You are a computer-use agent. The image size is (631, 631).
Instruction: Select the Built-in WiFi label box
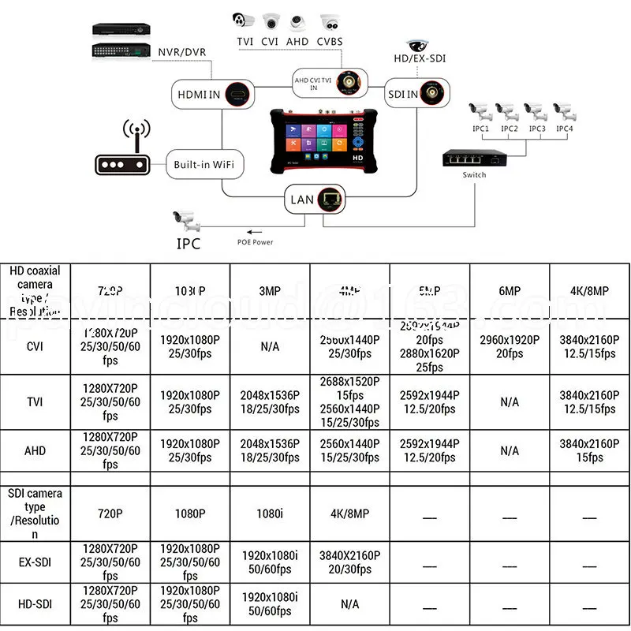click(204, 166)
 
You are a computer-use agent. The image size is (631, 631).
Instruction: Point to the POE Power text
click(256, 242)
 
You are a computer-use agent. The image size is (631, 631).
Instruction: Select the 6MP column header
click(510, 291)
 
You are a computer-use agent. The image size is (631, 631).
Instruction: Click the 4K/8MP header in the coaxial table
click(588, 291)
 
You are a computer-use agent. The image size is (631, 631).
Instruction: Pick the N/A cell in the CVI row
click(270, 346)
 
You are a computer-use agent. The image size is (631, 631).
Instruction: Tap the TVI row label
click(35, 402)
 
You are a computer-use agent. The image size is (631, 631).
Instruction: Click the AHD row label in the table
click(35, 450)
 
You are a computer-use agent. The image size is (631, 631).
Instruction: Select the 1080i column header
click(270, 513)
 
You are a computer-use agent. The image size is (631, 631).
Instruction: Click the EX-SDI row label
click(35, 562)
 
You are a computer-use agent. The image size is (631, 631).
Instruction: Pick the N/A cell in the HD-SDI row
click(349, 604)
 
